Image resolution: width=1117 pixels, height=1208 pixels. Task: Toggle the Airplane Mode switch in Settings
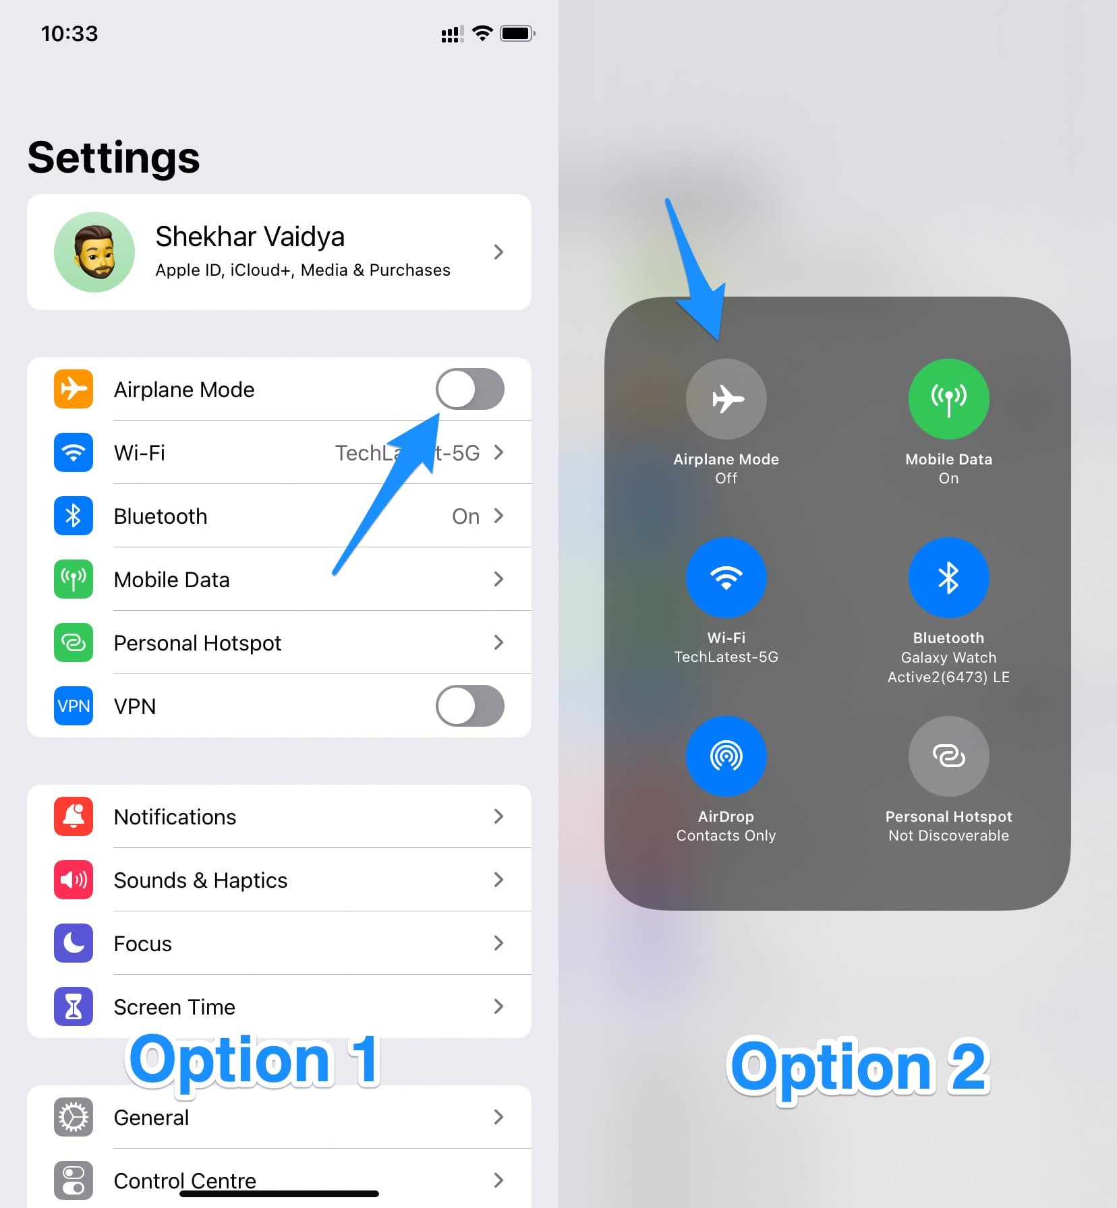[x=469, y=389]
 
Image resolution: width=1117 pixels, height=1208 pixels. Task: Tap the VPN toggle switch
[x=469, y=706]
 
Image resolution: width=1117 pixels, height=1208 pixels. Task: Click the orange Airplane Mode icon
[x=74, y=389]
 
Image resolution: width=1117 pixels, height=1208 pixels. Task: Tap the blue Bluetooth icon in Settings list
[x=74, y=516]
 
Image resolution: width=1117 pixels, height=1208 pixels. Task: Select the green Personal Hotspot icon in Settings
[x=74, y=642]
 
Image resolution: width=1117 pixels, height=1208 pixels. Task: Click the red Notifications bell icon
[x=74, y=816]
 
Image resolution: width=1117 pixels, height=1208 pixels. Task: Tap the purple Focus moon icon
[x=74, y=943]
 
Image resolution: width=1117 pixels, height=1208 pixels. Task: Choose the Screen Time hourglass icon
[x=74, y=1006]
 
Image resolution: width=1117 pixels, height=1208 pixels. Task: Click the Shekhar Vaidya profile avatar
[x=94, y=252]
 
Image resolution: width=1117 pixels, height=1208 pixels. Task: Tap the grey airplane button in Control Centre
[x=726, y=399]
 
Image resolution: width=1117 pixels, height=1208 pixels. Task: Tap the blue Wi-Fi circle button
[x=726, y=578]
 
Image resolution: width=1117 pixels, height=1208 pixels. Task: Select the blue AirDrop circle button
[x=726, y=756]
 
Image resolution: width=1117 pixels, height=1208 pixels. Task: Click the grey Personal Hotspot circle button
[x=949, y=756]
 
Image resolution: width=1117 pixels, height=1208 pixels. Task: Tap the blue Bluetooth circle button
[x=949, y=578]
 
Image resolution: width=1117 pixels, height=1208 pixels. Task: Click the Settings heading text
[x=114, y=158]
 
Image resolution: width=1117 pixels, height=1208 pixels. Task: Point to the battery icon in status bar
[x=517, y=33]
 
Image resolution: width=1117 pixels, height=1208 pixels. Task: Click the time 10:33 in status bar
[x=69, y=33]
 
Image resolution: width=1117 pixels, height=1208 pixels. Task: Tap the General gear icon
[x=74, y=1117]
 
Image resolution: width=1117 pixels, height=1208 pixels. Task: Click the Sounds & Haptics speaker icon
[x=74, y=880]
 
